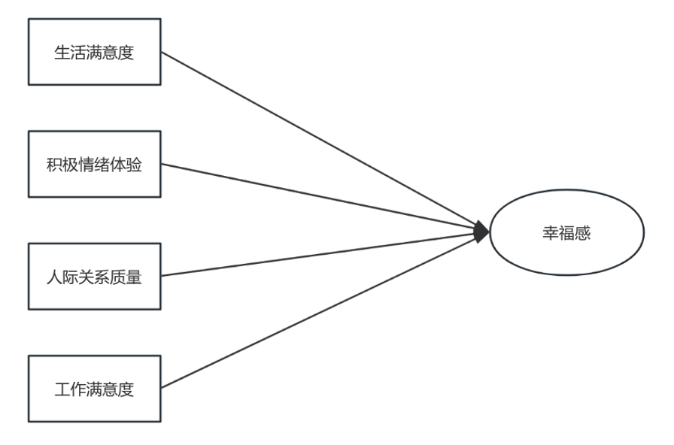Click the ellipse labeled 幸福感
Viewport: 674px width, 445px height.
coord(566,233)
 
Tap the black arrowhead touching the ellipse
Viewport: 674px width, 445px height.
coord(481,232)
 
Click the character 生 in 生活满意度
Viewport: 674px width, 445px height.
coord(62,53)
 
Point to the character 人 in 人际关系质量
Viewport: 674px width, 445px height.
coord(54,277)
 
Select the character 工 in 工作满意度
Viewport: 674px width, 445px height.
coord(62,390)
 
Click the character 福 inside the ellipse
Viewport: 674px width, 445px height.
coord(566,233)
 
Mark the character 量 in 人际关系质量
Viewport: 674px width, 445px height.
coord(134,277)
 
